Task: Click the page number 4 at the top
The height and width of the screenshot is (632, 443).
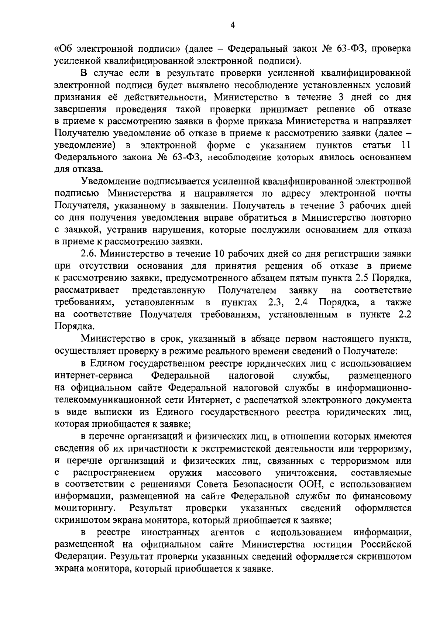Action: tap(232, 25)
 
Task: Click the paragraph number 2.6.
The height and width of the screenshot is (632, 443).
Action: tap(88, 254)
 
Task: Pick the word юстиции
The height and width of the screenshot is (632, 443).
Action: tap(341, 545)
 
